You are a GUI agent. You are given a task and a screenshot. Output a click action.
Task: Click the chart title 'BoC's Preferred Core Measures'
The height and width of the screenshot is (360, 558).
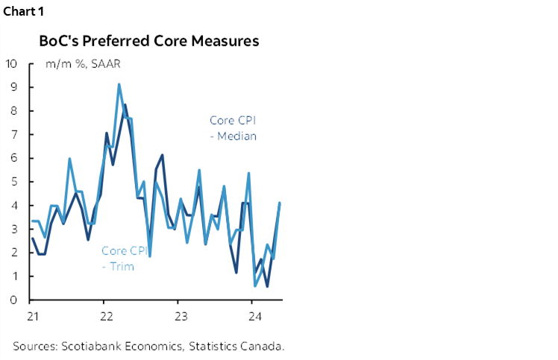tap(149, 41)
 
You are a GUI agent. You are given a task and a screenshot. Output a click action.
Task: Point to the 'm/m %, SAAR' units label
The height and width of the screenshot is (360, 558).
tap(83, 63)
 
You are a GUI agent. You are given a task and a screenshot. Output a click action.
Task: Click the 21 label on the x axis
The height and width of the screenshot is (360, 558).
tap(32, 315)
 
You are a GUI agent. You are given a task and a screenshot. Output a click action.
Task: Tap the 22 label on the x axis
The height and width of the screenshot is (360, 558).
tap(105, 315)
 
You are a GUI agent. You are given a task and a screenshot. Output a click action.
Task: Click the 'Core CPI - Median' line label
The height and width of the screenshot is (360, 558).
tap(232, 127)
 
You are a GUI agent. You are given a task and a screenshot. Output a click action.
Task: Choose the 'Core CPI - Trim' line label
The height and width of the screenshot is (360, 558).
tap(124, 258)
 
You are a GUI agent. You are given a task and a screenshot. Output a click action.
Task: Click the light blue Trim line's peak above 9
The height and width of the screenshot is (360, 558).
tap(119, 84)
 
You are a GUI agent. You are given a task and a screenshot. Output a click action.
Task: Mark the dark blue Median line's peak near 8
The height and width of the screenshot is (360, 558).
tap(125, 105)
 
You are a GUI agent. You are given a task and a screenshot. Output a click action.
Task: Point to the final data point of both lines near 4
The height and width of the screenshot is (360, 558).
tap(279, 203)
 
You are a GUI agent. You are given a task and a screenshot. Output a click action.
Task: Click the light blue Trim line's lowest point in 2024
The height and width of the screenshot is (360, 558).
tap(255, 285)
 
